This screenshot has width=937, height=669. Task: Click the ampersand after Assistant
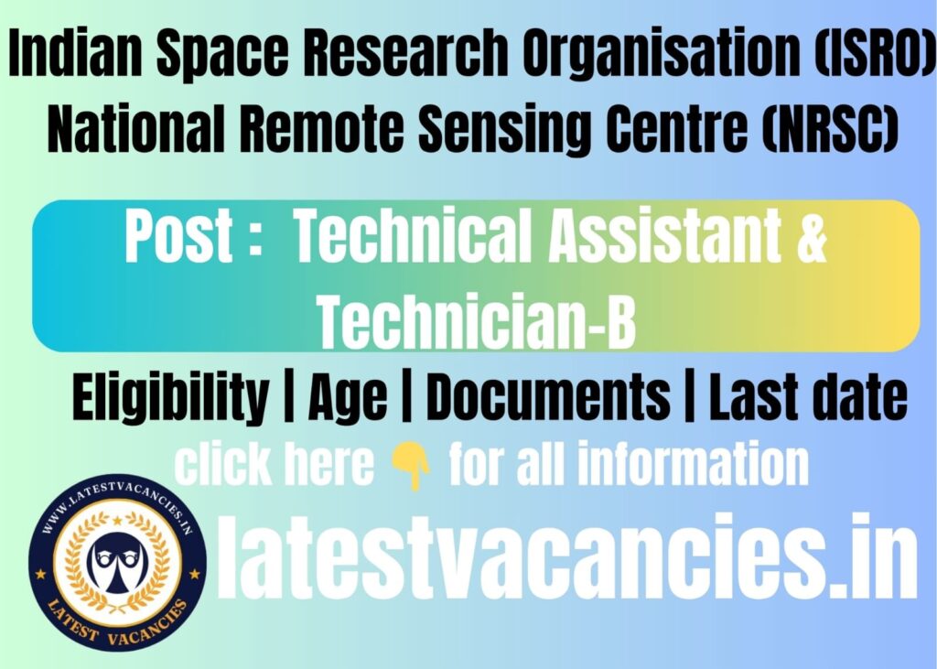pyautogui.click(x=807, y=238)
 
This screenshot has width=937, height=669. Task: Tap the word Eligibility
pyautogui.click(x=170, y=400)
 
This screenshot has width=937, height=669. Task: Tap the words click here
pyautogui.click(x=274, y=465)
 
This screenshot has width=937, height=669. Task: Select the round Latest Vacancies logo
pyautogui.click(x=117, y=567)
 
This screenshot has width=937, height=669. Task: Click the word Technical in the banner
pyautogui.click(x=417, y=238)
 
